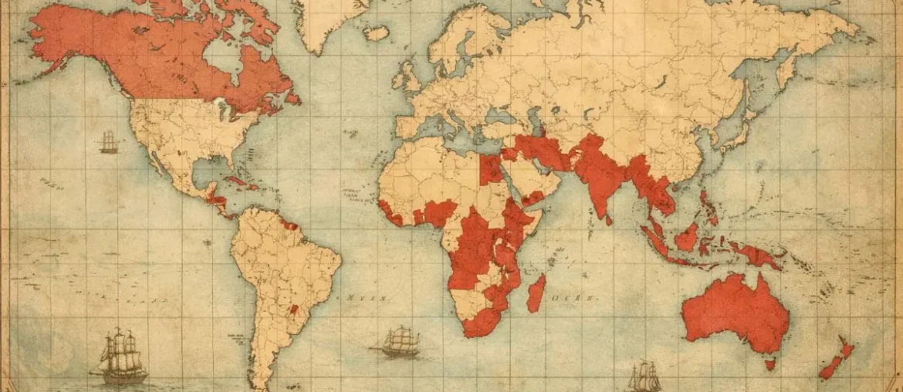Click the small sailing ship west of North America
tap(109, 142)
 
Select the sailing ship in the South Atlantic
tap(397, 341)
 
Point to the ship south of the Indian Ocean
tap(644, 376)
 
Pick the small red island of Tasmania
tap(769, 363)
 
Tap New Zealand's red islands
tap(838, 359)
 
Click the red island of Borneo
tap(686, 237)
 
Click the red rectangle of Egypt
tap(490, 170)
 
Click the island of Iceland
tap(376, 33)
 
